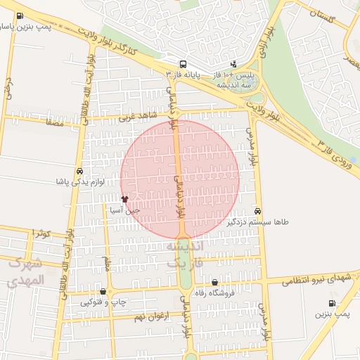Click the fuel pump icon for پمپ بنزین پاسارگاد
coord(18,16)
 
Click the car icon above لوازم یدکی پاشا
coord(79,171)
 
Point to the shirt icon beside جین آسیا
coord(124,199)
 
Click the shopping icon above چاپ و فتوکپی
coord(103,292)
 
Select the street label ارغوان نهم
coord(148,317)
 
